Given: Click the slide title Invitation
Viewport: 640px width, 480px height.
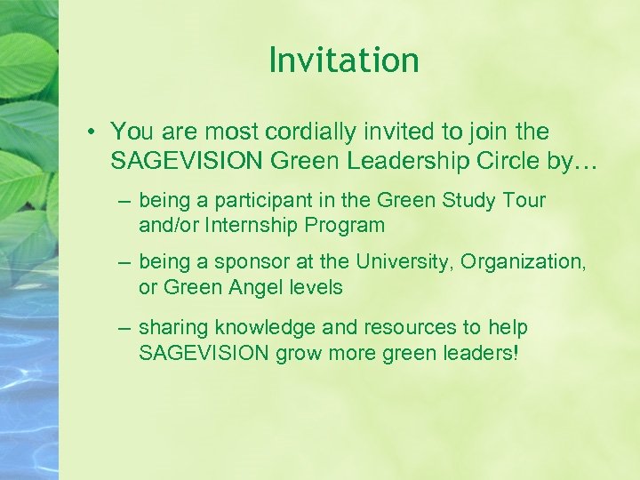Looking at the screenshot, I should click(343, 60).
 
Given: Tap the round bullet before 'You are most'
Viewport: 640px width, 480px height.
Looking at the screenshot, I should click(92, 132).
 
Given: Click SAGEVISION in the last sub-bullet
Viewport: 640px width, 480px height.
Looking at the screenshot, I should click(204, 352).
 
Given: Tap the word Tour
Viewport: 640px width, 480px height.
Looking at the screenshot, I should click(524, 201).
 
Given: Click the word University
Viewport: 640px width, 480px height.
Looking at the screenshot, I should click(404, 263).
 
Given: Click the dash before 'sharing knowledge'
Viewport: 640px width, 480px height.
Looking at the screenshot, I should click(125, 328).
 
